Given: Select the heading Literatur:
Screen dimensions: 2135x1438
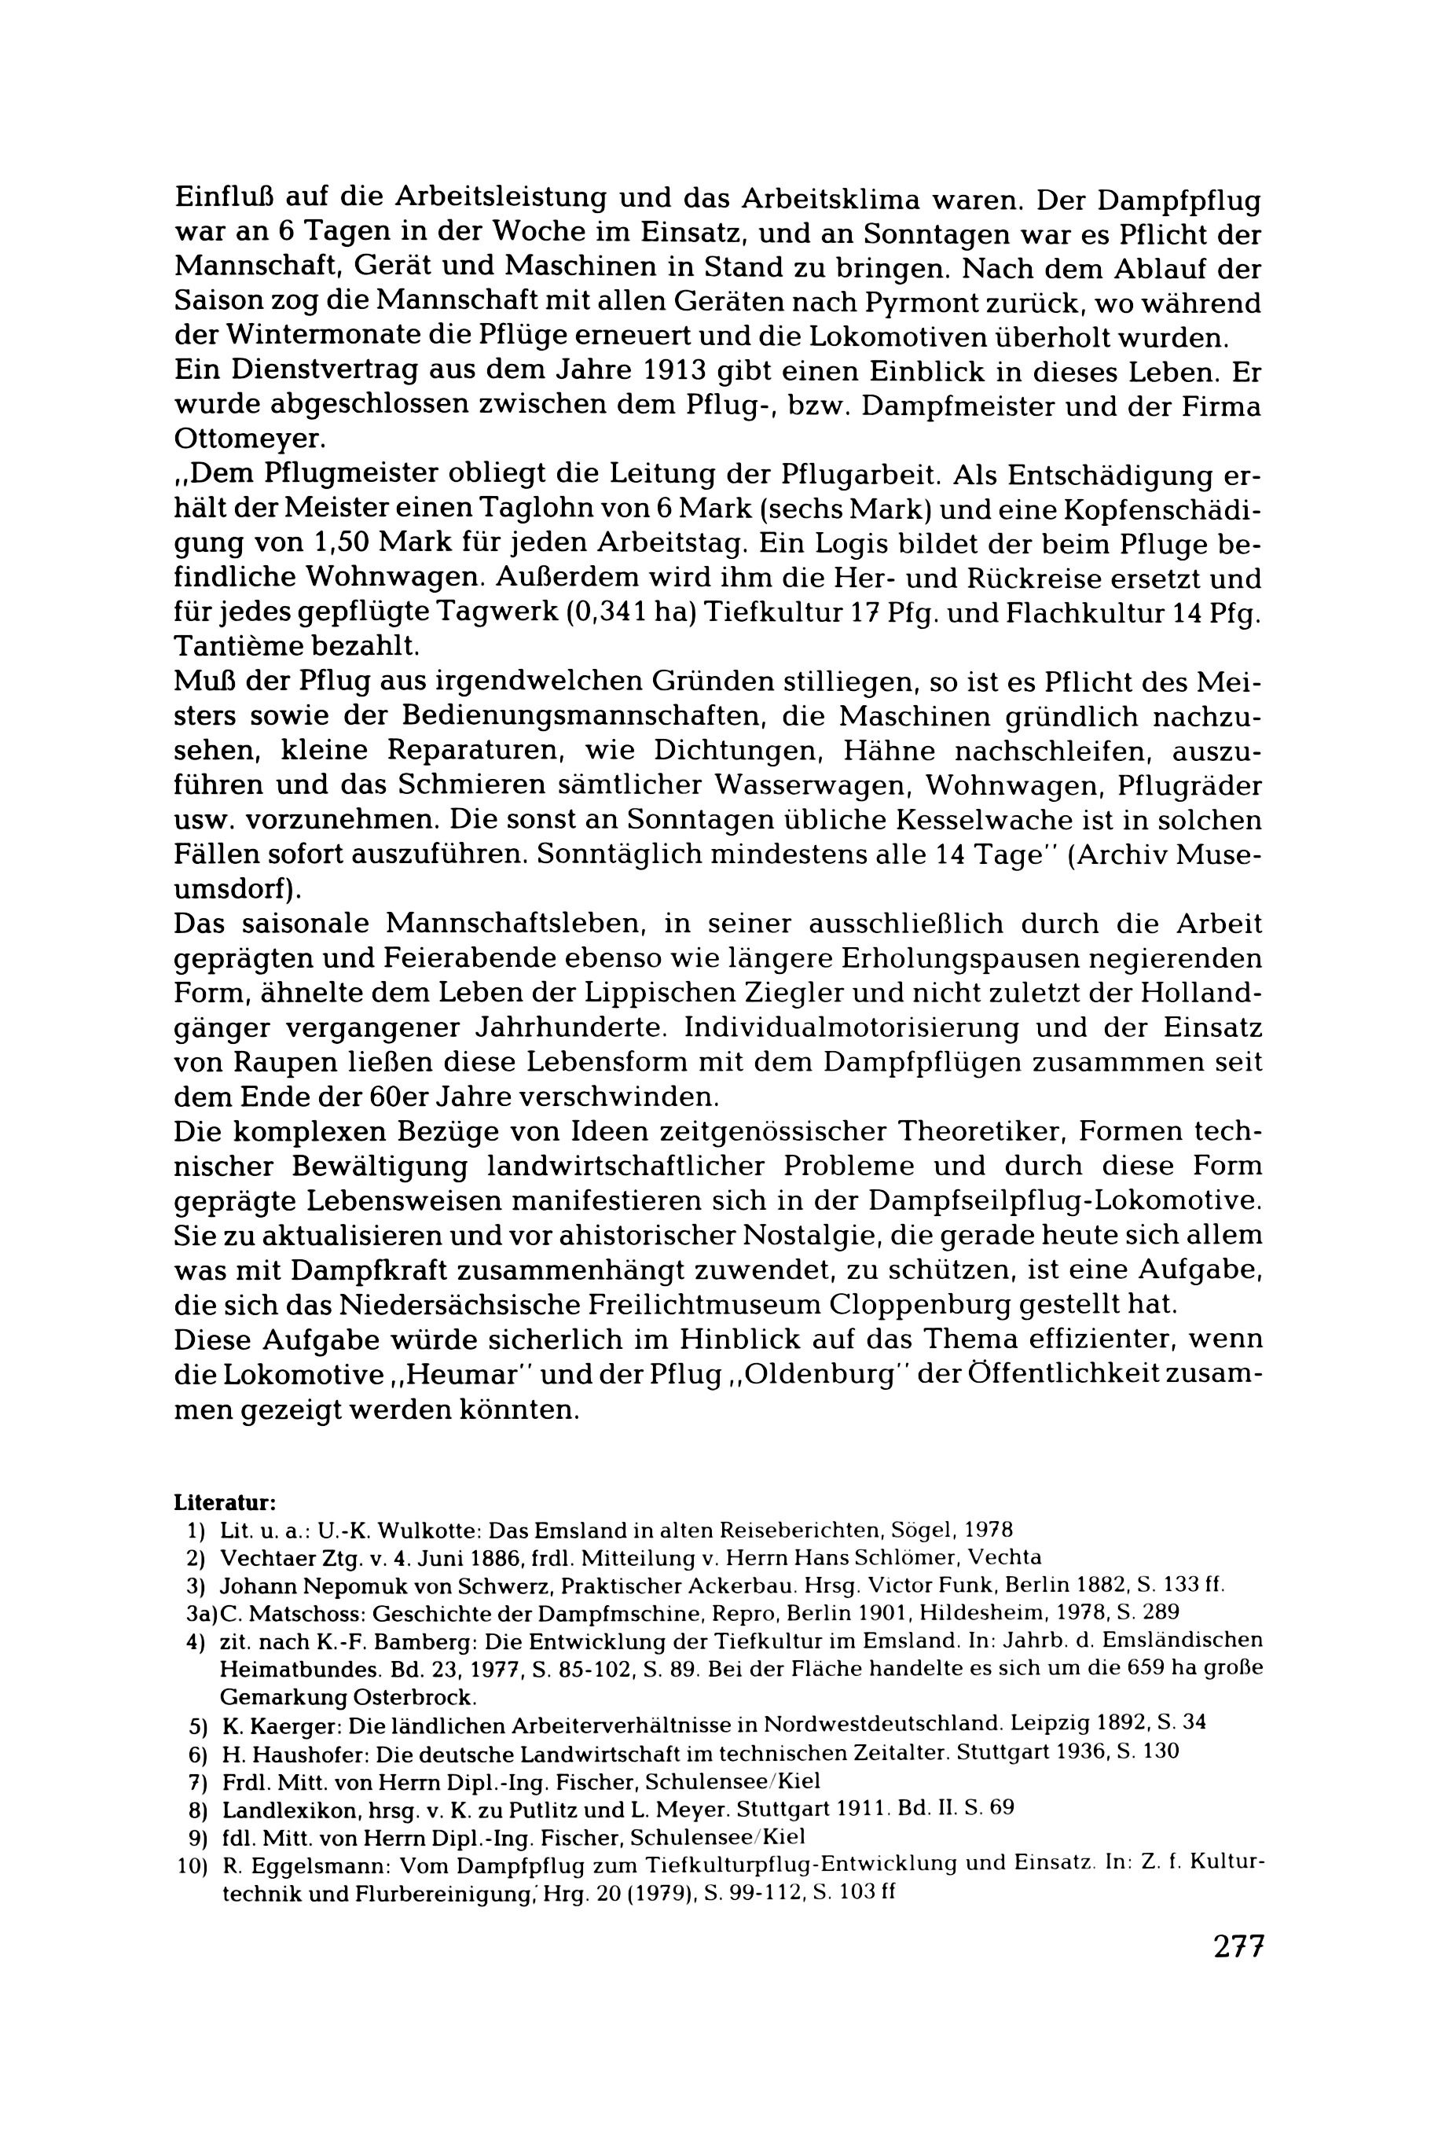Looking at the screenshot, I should coord(225,1503).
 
